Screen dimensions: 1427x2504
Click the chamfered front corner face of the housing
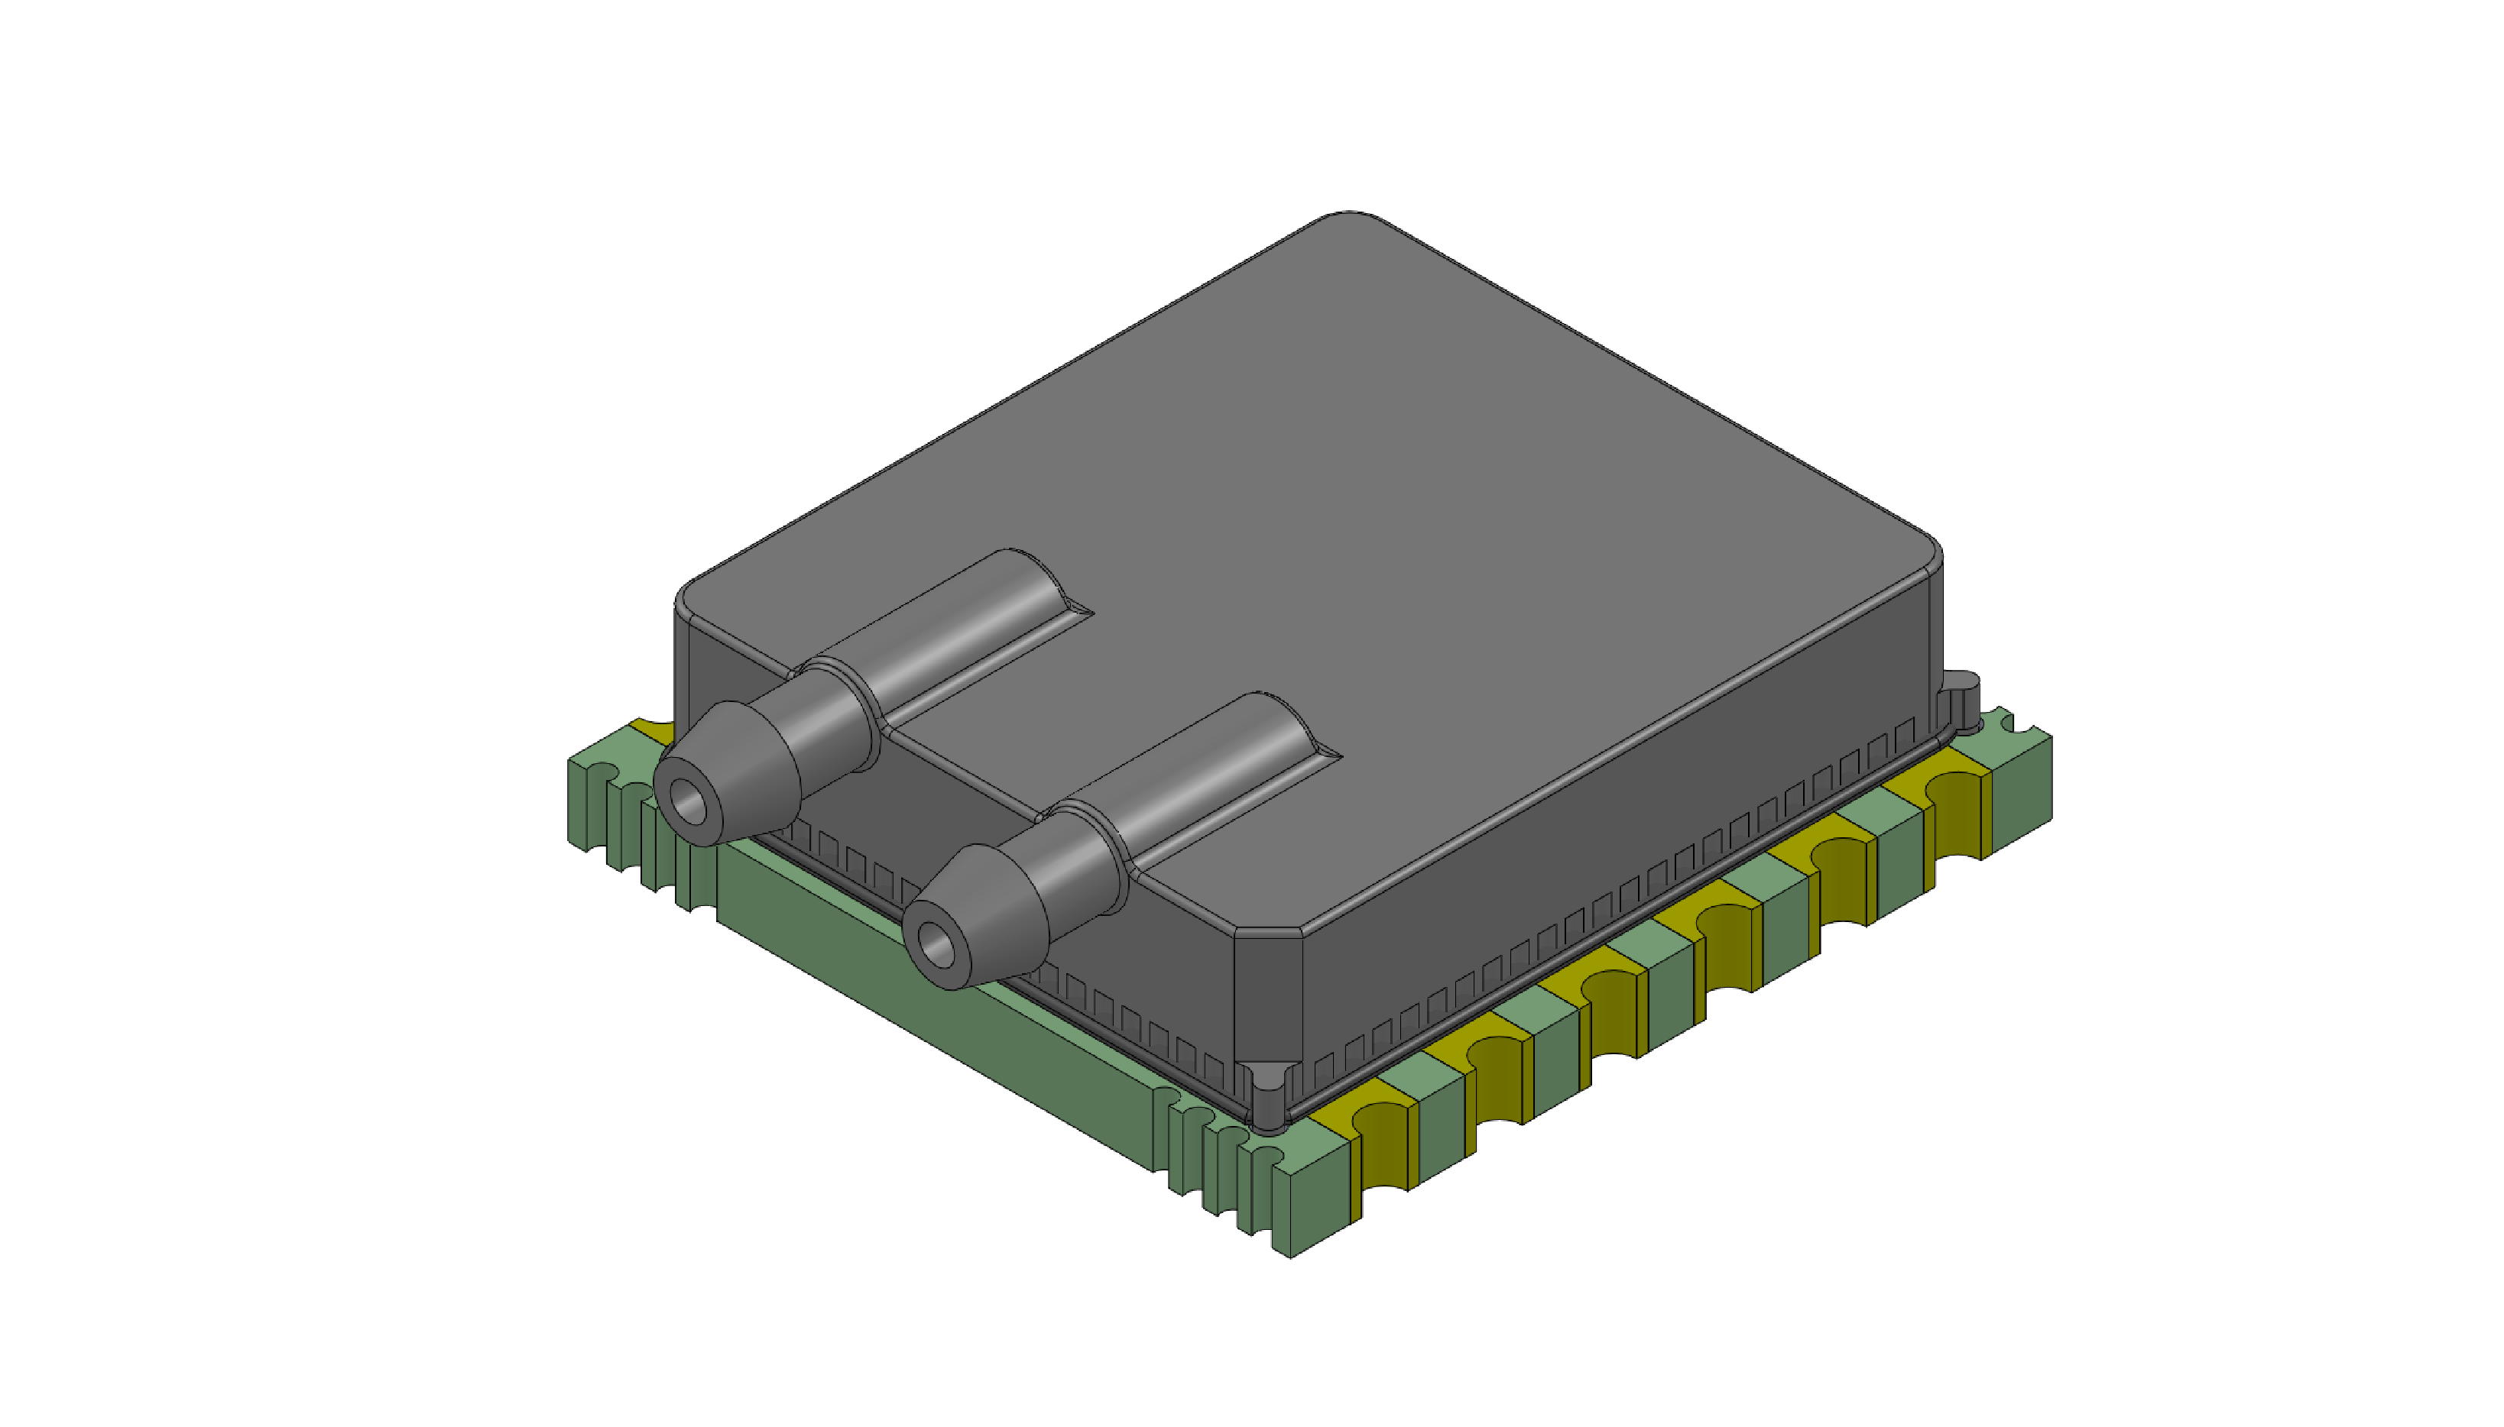coord(1267,995)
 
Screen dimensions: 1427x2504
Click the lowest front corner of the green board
coord(1289,1254)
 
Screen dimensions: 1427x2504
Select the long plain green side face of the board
coord(932,1009)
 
